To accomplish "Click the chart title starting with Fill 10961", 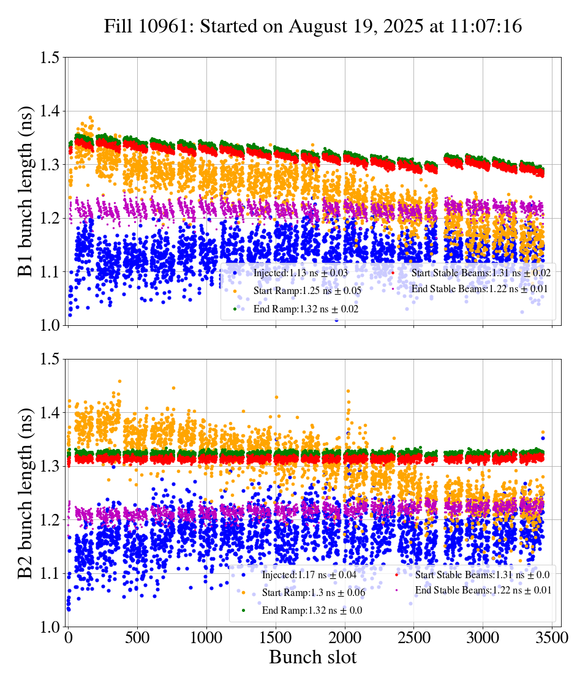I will point(312,26).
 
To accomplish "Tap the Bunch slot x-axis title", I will point(312,658).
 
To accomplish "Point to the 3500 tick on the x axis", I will point(552,638).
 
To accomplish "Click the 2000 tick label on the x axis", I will point(345,638).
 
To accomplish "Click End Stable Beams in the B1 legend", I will point(479,288).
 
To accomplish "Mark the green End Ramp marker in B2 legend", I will point(243,610).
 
